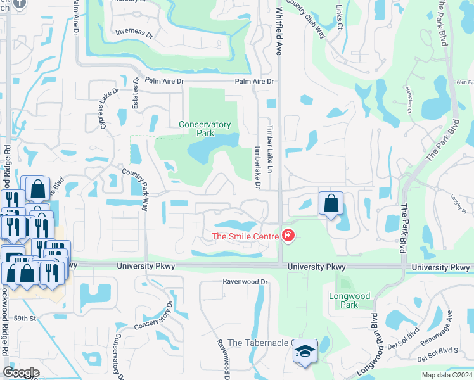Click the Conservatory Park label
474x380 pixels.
[x=205, y=129]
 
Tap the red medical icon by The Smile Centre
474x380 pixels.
[x=288, y=236]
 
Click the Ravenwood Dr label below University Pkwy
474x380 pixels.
[x=245, y=281]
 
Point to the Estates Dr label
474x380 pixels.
[x=136, y=94]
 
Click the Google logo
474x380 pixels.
[x=21, y=372]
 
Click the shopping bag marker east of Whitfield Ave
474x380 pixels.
[x=331, y=203]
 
